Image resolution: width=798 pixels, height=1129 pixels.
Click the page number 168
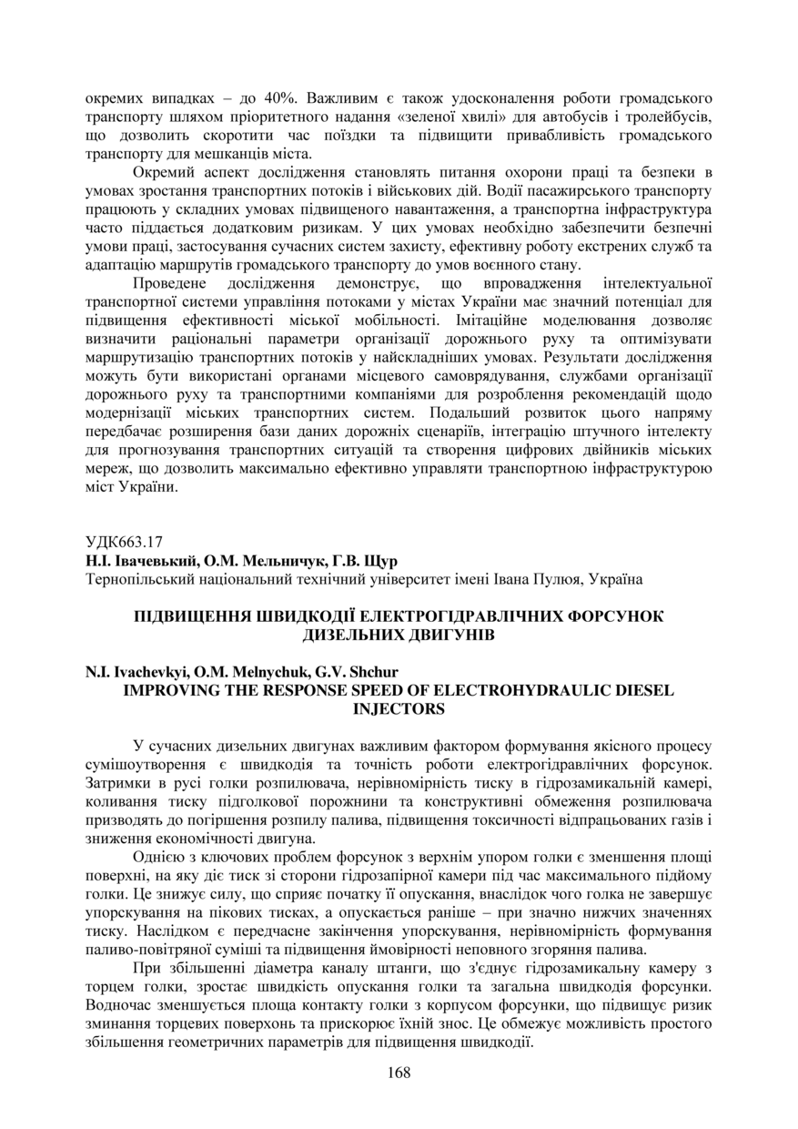click(x=399, y=1072)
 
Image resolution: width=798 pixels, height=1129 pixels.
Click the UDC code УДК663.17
click(x=125, y=539)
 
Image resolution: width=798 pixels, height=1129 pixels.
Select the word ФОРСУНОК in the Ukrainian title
click(x=616, y=615)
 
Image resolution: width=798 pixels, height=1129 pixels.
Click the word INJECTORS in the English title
click(x=399, y=707)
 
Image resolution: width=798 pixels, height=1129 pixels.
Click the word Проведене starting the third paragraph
click(x=168, y=283)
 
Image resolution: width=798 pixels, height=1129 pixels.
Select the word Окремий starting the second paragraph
click(x=163, y=172)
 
